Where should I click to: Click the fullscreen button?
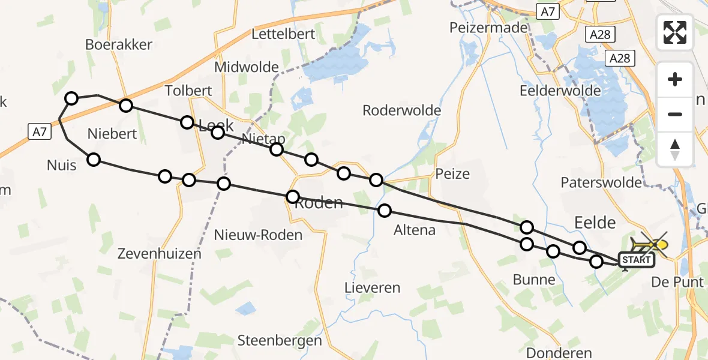click(x=675, y=32)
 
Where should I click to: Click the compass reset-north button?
click(x=675, y=149)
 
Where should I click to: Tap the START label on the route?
click(x=636, y=260)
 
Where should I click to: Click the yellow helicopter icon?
click(x=650, y=244)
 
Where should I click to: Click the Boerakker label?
click(x=119, y=44)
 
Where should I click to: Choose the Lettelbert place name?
click(x=283, y=34)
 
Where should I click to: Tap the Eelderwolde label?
click(x=561, y=91)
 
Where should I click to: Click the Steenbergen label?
click(x=280, y=340)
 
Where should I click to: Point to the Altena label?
click(x=414, y=229)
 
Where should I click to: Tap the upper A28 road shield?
click(x=599, y=34)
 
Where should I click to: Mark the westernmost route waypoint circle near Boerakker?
click(x=71, y=98)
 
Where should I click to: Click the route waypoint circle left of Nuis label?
click(x=94, y=159)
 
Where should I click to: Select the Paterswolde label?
click(x=601, y=182)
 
